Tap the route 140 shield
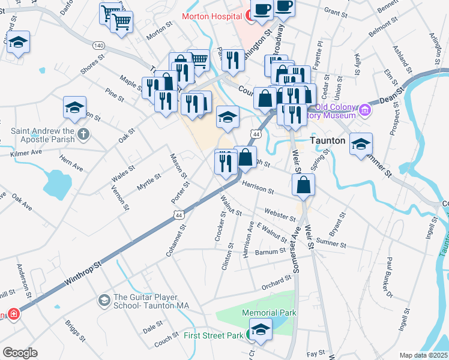click(99, 46)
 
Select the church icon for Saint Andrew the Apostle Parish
click(85, 134)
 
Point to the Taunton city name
click(327, 140)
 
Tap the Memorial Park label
click(269, 313)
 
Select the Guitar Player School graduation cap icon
click(104, 299)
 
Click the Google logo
click(20, 352)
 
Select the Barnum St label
click(270, 251)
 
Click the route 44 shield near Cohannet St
click(178, 214)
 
